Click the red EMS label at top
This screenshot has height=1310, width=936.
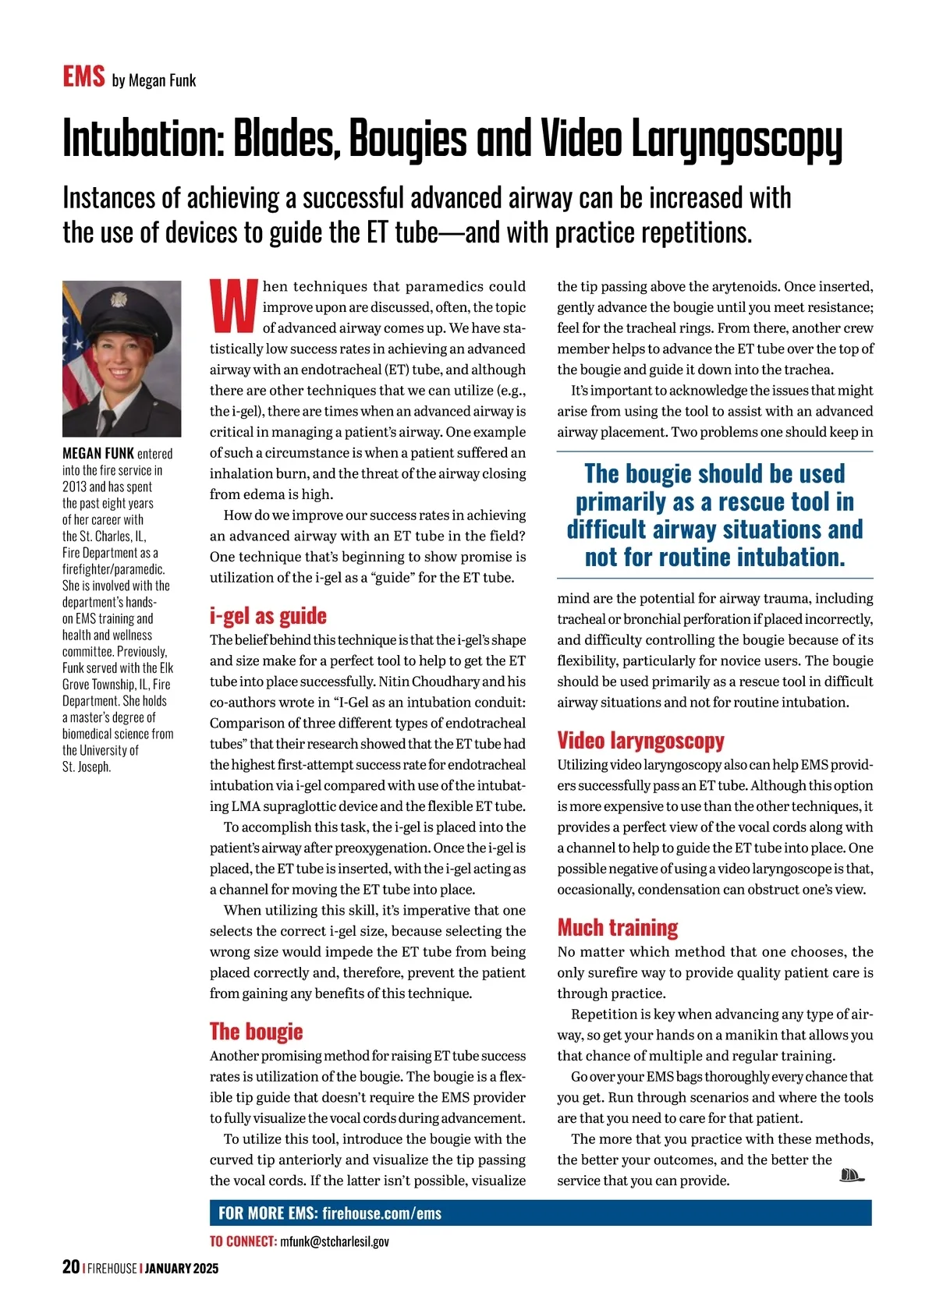click(83, 77)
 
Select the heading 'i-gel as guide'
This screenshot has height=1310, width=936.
click(268, 616)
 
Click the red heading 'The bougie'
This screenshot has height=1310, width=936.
click(256, 1032)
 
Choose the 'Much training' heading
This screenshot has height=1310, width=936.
click(617, 927)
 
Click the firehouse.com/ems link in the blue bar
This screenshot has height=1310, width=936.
click(381, 1213)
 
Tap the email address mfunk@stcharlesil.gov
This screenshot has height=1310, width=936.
click(334, 1241)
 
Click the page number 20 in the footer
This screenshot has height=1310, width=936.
click(71, 1267)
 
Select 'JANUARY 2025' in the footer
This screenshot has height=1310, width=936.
click(182, 1269)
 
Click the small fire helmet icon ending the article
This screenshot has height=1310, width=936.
click(852, 1175)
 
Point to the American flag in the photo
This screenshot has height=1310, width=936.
click(75, 351)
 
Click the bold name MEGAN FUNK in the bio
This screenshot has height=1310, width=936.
click(98, 453)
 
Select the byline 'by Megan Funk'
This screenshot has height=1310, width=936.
click(154, 80)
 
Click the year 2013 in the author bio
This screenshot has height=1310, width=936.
click(74, 487)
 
